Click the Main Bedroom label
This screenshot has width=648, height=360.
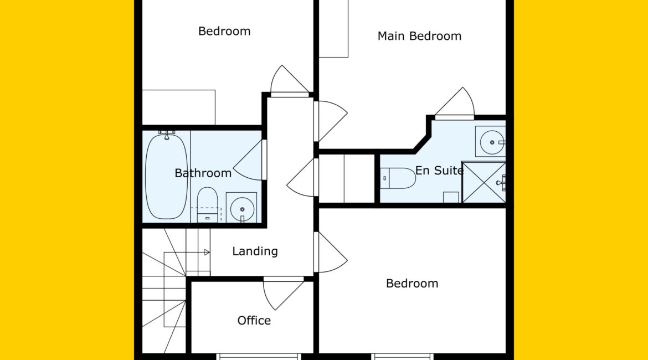click(419, 36)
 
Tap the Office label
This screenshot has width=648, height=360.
click(254, 320)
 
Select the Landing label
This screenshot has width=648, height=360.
click(255, 251)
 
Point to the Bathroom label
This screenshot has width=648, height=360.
click(203, 173)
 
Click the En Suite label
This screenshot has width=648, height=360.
click(439, 170)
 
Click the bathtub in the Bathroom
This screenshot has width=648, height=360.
click(167, 177)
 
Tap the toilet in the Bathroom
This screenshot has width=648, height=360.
click(207, 204)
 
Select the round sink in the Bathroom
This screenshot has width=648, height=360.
click(242, 208)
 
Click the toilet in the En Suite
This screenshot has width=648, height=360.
click(398, 178)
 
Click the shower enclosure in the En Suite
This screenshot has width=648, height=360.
click(484, 183)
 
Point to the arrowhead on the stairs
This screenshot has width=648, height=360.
click(207, 252)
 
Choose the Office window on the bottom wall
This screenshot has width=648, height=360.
click(259, 356)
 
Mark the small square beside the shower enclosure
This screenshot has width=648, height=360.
click(451, 197)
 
